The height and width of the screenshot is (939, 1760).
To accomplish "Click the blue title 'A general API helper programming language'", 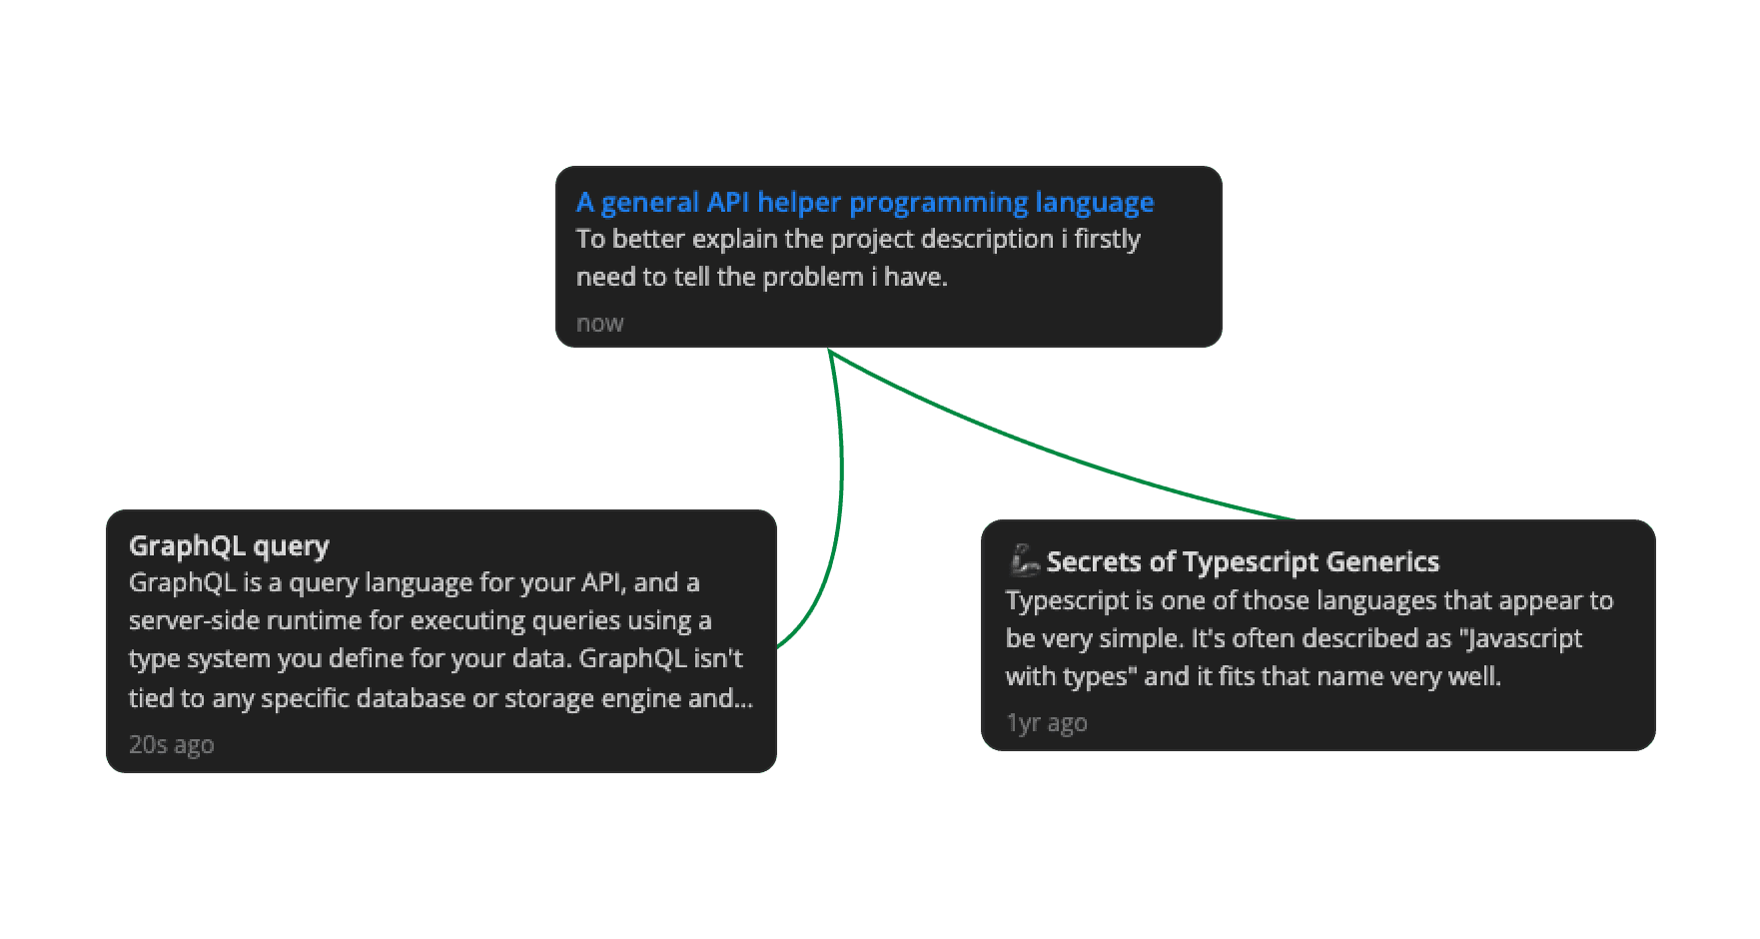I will click(x=864, y=203).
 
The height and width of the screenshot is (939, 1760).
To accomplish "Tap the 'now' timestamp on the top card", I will click(x=599, y=324).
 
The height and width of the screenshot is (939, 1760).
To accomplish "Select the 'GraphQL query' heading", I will click(x=229, y=545).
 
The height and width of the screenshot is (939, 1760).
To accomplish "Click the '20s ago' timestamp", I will click(x=171, y=744).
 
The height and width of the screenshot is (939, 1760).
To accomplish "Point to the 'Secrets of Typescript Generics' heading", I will click(x=1243, y=561).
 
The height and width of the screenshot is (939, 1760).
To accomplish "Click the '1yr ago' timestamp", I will click(x=1046, y=722).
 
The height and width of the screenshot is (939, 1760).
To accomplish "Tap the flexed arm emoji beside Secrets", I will click(x=1024, y=560).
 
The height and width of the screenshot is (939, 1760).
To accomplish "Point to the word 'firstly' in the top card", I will click(x=1107, y=240).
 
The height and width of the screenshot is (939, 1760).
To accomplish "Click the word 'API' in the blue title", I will click(x=728, y=203).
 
